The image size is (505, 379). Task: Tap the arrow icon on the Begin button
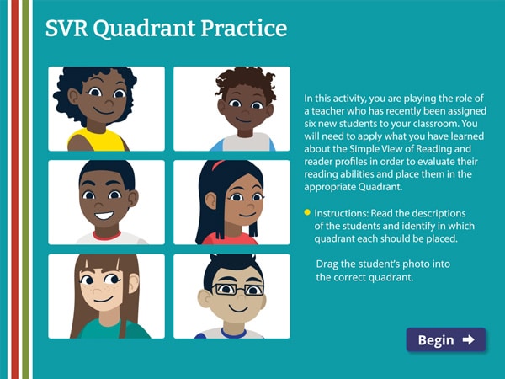pos(469,339)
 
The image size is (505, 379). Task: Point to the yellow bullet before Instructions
pos(307,212)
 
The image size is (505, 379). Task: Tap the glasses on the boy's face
pos(231,289)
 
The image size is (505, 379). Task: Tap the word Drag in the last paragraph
pos(329,264)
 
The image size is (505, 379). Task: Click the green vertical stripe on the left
pos(26,189)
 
